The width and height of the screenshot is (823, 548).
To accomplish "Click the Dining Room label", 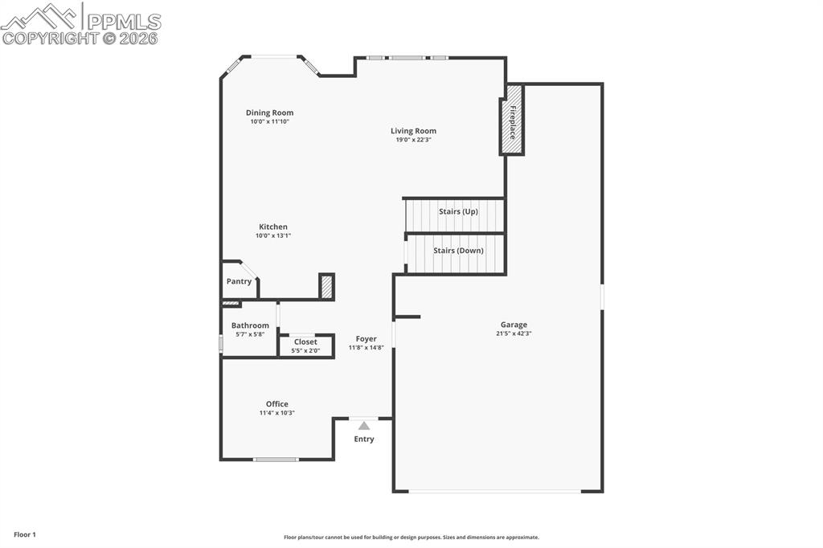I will point(269,112).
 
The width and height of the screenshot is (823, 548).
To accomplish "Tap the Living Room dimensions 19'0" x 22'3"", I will point(414,140).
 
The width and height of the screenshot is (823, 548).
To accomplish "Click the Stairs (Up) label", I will point(458,211).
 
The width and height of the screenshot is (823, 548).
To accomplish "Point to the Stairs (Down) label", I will point(458,251).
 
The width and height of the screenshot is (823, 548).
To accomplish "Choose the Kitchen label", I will point(272,227).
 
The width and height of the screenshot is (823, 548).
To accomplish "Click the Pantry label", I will point(239,281).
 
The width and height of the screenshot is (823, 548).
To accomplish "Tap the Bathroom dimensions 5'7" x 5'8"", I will point(250,334).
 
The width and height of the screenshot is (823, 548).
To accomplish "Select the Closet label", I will point(305,341).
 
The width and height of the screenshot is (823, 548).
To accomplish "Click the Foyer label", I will point(366,339).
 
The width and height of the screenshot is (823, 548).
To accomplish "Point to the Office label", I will point(277,404).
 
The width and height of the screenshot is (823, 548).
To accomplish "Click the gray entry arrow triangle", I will point(364,426).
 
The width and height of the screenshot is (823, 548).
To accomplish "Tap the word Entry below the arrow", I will point(364,440).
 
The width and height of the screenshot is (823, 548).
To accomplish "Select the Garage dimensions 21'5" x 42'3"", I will point(514,333).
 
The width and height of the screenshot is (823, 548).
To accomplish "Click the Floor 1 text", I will point(25,534).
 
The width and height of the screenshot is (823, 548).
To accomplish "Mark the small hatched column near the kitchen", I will point(326,287).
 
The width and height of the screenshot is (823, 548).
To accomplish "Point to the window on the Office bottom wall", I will point(276,460).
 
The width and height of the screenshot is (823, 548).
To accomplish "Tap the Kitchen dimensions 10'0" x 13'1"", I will point(272,235).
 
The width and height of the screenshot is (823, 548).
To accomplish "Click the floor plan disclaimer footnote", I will point(411,538).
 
